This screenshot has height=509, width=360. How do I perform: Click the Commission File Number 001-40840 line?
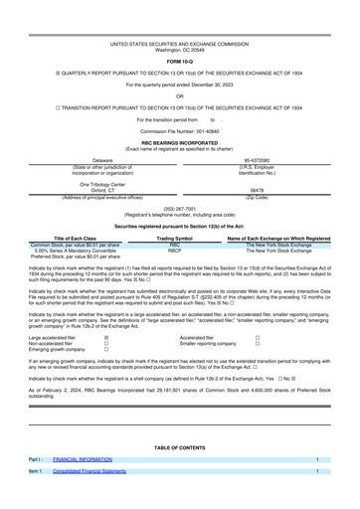180,131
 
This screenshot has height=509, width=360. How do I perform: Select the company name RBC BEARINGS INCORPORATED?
180,143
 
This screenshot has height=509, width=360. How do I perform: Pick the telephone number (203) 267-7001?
180,209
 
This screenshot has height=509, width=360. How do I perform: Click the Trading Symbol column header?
175,239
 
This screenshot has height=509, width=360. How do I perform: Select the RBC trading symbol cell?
175,246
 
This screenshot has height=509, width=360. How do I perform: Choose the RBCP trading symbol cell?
175,252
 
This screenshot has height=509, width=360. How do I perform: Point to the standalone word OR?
180,96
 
